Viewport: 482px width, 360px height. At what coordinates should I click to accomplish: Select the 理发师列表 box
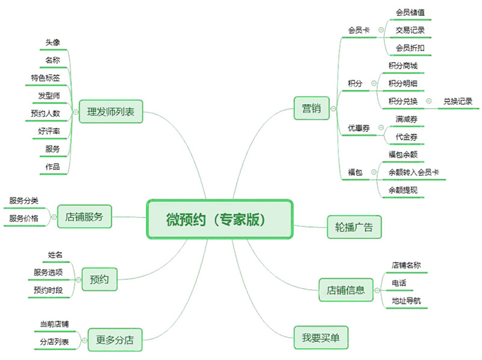[111, 111]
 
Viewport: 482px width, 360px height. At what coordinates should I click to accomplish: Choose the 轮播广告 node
[354, 227]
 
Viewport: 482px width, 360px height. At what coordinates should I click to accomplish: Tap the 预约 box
[99, 279]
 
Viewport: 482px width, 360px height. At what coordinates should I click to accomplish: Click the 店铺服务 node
[84, 216]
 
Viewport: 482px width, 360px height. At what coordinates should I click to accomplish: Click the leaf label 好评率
[49, 131]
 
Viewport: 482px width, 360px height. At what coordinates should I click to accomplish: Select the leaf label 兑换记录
[458, 101]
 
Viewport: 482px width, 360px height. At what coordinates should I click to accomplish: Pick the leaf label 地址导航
[407, 300]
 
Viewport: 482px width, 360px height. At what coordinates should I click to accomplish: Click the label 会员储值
[410, 12]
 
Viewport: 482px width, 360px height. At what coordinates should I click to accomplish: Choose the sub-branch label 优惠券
[358, 128]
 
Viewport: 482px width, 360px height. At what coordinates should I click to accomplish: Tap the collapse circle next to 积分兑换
[428, 101]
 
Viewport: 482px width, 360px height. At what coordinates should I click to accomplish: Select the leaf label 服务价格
[23, 218]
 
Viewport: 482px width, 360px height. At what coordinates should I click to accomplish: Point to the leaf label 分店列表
[54, 342]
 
